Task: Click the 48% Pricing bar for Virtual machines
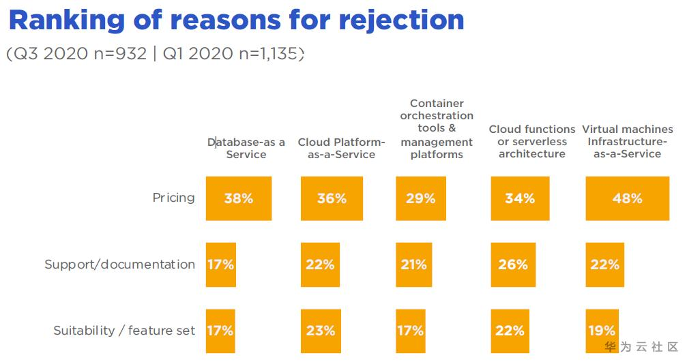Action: (627, 198)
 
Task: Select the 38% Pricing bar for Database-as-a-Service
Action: (239, 198)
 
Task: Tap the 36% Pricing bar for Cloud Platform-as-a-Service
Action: (332, 198)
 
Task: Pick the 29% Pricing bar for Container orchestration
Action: (420, 198)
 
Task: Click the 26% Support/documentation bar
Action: (512, 264)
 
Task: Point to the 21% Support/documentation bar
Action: (413, 264)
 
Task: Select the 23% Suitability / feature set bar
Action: (320, 331)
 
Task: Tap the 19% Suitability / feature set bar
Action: (601, 331)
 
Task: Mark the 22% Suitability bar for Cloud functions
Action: (510, 331)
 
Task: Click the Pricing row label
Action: (173, 198)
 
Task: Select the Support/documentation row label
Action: (119, 264)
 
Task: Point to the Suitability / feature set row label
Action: (124, 331)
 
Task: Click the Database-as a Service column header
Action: (246, 148)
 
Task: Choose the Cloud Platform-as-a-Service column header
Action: (341, 148)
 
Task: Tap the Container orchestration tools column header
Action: (437, 129)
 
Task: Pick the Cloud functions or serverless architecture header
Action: (532, 141)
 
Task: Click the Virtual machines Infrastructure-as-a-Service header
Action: (627, 141)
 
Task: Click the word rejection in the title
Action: (402, 20)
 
